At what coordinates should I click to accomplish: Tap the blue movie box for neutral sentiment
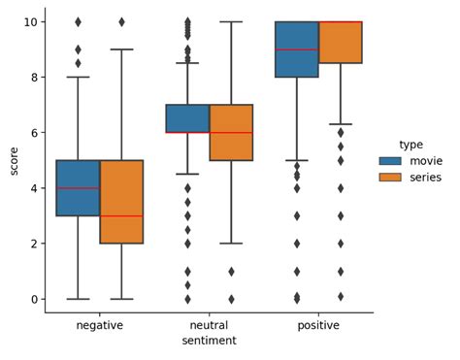click(x=187, y=118)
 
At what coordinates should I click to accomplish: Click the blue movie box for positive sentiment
click(x=297, y=49)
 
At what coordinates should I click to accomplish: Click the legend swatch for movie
click(x=389, y=160)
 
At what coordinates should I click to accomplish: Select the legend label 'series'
click(x=426, y=178)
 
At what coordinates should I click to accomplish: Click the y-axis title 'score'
click(x=14, y=160)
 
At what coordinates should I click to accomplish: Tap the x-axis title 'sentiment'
click(x=210, y=341)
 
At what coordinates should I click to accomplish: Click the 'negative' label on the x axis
click(x=100, y=325)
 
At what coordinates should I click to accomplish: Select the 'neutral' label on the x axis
click(x=210, y=325)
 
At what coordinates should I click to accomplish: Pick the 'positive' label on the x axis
click(x=318, y=325)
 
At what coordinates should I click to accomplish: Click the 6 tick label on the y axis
click(x=34, y=133)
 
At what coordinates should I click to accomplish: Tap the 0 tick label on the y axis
click(x=34, y=299)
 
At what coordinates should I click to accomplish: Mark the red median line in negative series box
click(x=121, y=215)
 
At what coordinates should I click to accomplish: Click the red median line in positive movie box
click(x=297, y=49)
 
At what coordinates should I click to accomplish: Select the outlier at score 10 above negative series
click(x=121, y=21)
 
